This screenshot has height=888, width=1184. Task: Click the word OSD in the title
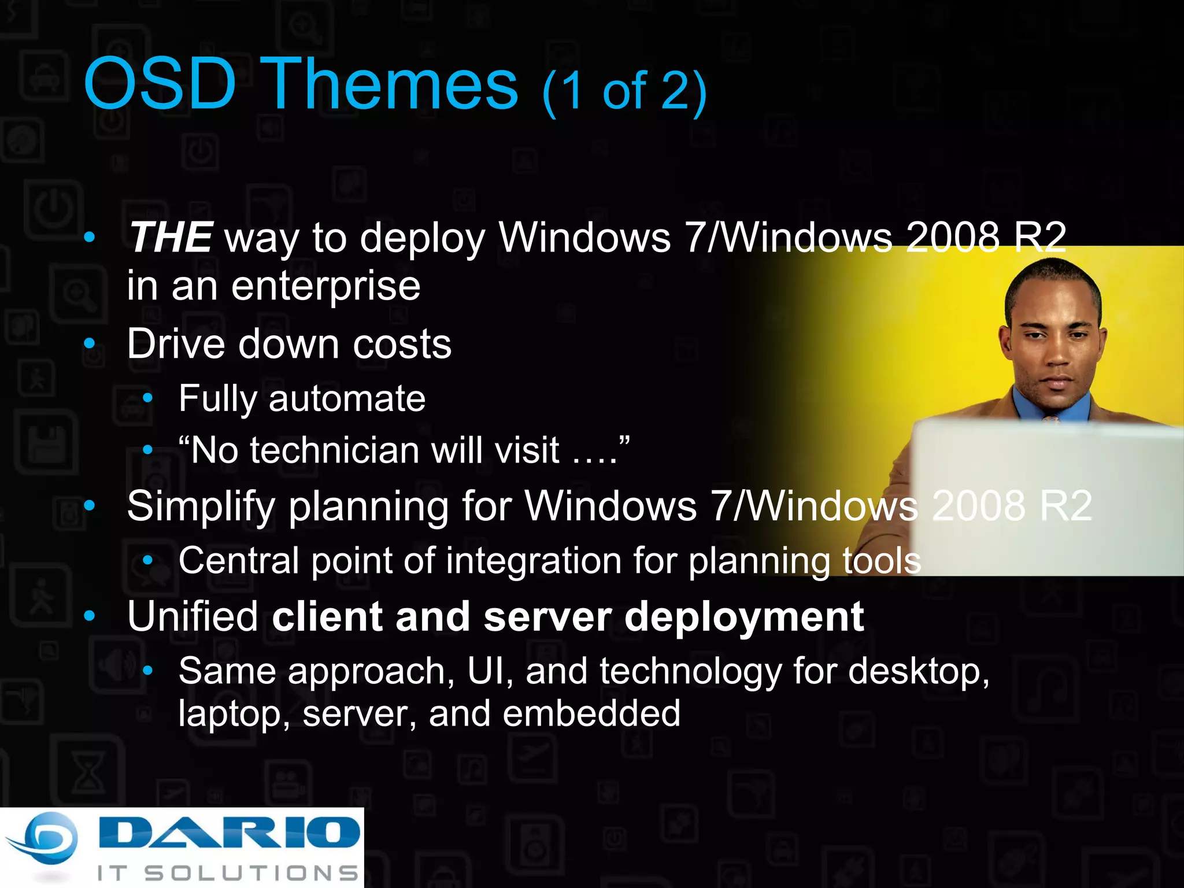[160, 84]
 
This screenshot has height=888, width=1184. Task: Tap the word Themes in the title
[393, 84]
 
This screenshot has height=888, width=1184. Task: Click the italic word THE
[171, 238]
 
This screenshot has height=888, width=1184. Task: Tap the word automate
[347, 399]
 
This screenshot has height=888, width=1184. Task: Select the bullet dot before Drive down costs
[89, 344]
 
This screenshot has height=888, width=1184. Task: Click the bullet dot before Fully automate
[148, 398]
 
